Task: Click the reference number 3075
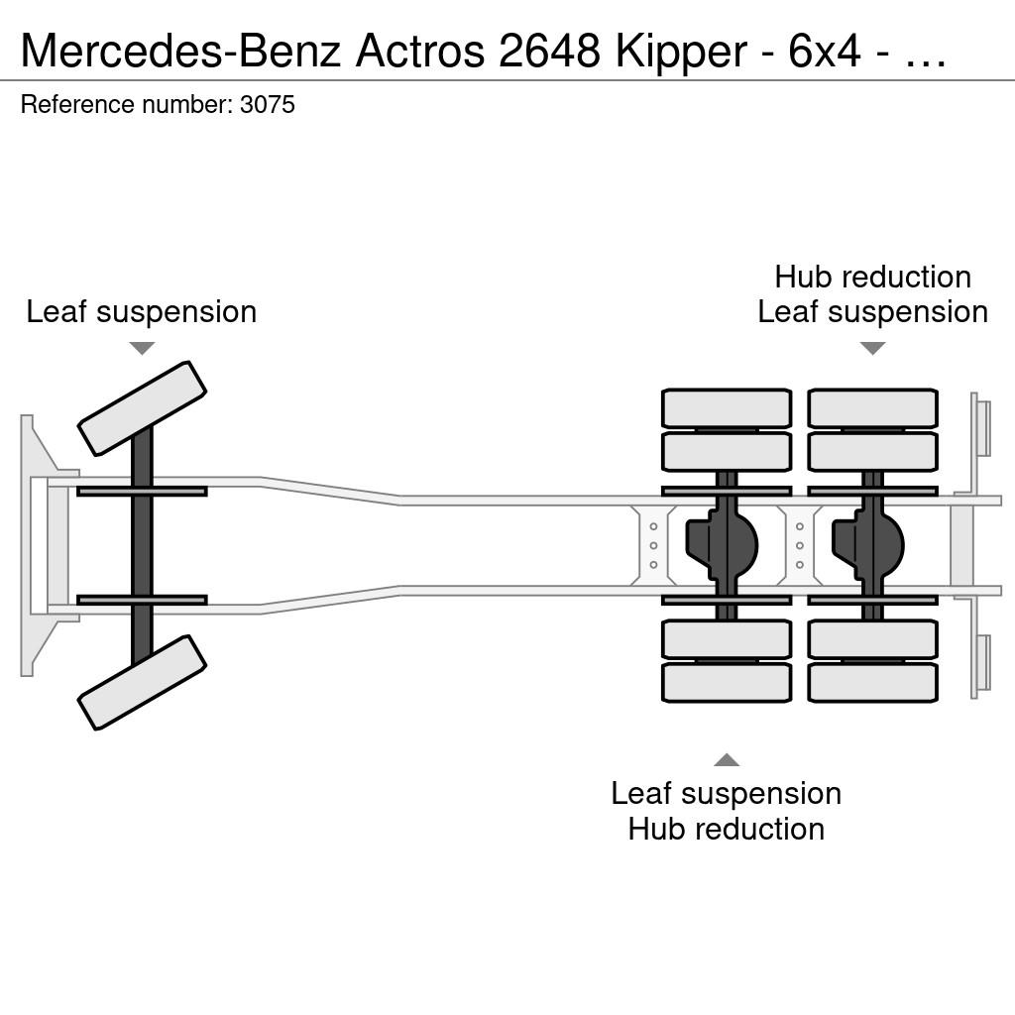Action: (268, 105)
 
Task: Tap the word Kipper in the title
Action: (681, 51)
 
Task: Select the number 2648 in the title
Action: (549, 51)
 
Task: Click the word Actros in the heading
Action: (420, 51)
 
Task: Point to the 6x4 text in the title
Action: (825, 51)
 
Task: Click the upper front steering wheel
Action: (142, 408)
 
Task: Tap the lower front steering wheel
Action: (142, 682)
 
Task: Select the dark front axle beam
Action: (142, 546)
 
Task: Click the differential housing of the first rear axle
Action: (722, 545)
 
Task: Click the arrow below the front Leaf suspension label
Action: (142, 348)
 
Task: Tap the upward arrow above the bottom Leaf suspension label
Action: (727, 760)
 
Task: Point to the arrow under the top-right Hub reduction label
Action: (872, 348)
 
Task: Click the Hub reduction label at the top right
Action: (872, 278)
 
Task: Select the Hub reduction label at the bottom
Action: (727, 830)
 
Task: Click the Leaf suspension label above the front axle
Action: (142, 312)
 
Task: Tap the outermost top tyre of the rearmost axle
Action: (872, 408)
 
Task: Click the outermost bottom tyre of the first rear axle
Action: (727, 682)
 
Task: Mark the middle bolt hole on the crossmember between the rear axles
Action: (800, 546)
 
